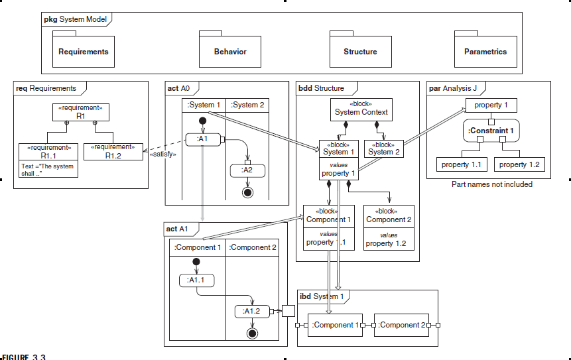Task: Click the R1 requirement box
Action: (x=81, y=111)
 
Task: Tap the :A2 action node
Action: (x=247, y=170)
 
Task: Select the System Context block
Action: (x=361, y=109)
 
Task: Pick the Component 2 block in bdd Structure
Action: (x=389, y=227)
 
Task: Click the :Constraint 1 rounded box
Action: (x=491, y=131)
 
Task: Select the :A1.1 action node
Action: (x=196, y=280)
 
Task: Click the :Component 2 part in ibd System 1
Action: (x=401, y=325)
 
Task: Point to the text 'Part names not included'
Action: (x=491, y=184)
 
